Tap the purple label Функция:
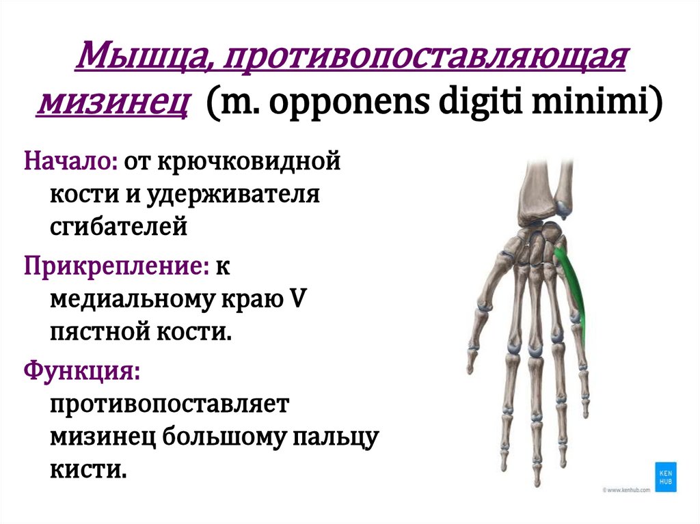pyautogui.click(x=83, y=371)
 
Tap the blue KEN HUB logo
pyautogui.click(x=662, y=474)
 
